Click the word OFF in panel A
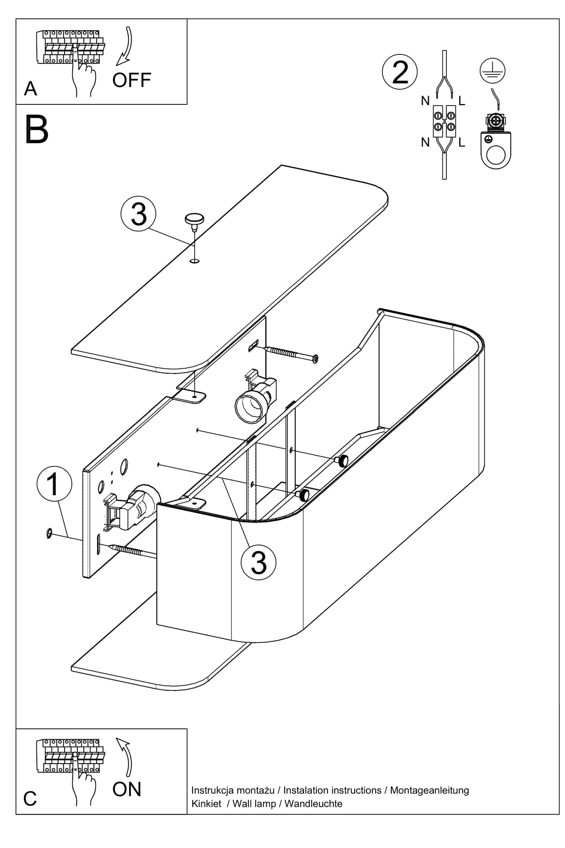pos(131,80)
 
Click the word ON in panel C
pos(126,789)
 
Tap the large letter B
pos(36,130)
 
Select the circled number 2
pos(400,72)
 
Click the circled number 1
pos(54,483)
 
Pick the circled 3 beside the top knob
pos(138,214)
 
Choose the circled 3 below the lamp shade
pos(258,563)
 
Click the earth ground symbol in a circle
pos(492,71)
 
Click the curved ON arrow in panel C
pos(126,757)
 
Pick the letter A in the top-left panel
pos(30,89)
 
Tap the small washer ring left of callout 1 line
pos(49,533)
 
